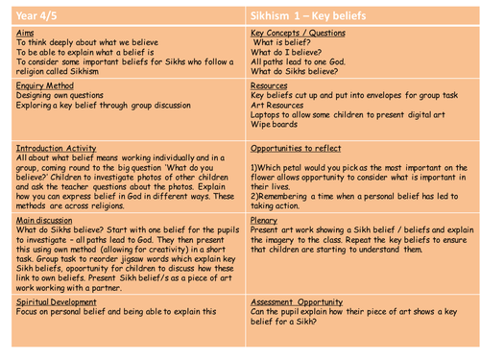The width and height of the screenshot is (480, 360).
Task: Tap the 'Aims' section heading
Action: pyautogui.click(x=26, y=32)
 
